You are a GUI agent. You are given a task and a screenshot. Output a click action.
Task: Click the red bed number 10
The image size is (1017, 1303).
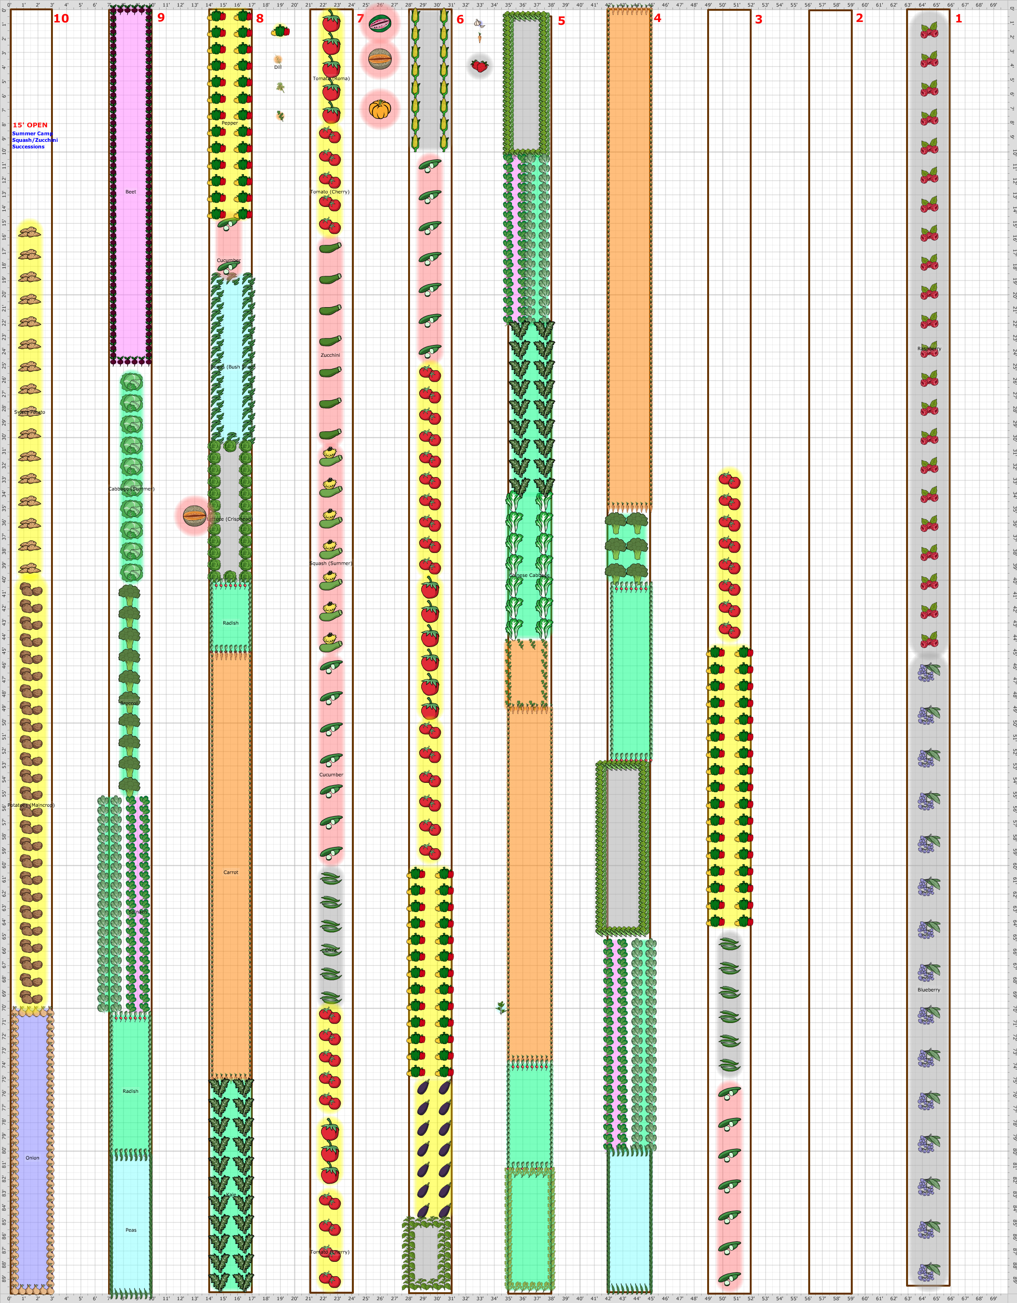(x=61, y=19)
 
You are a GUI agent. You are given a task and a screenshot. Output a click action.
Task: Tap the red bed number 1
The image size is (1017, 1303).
(x=958, y=19)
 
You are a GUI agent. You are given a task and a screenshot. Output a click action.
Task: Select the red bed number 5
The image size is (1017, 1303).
(x=561, y=21)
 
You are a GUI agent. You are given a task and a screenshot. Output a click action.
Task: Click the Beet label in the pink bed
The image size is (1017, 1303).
(x=131, y=191)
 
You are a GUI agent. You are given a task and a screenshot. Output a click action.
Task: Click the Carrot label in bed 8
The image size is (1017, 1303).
(x=230, y=872)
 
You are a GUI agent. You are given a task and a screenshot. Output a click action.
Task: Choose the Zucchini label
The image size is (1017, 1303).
(x=330, y=355)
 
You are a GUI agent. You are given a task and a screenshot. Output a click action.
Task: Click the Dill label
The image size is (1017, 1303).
(x=278, y=67)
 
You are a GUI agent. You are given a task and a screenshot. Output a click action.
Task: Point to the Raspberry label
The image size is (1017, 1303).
(x=929, y=348)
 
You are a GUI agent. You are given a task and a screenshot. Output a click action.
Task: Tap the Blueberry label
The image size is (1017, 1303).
(x=928, y=990)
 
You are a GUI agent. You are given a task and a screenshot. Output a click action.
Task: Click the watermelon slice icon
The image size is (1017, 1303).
(x=380, y=24)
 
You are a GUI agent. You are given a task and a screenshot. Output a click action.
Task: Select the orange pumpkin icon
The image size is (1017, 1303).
(x=380, y=109)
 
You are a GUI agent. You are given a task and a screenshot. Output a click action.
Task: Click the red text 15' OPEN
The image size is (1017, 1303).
(x=30, y=125)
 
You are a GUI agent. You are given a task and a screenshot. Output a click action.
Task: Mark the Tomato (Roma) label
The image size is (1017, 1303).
(x=331, y=79)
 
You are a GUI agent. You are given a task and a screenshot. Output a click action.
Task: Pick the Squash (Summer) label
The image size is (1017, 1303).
(x=330, y=563)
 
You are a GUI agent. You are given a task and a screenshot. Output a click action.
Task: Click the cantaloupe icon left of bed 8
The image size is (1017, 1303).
(x=194, y=515)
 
